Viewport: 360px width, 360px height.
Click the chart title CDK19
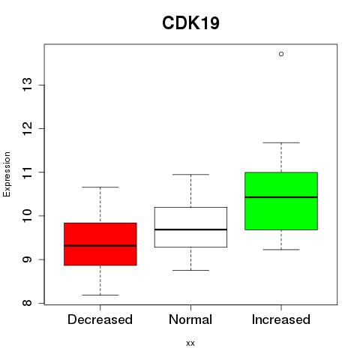pos(190,23)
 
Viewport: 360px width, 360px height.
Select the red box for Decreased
pos(100,244)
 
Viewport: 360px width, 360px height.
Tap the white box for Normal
pos(190,227)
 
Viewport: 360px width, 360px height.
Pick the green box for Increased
pos(281,201)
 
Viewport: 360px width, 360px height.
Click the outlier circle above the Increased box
pos(281,54)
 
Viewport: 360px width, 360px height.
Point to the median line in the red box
pos(100,246)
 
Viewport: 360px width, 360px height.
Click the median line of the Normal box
pos(190,229)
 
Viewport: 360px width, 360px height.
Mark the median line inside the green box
pos(281,197)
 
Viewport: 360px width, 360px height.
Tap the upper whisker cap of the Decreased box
pos(100,187)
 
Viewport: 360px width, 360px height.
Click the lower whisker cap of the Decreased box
pos(100,295)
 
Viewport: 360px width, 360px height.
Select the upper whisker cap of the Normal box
pos(190,175)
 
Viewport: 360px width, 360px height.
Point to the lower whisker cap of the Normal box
pos(190,270)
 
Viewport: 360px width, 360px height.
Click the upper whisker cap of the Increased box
pos(281,142)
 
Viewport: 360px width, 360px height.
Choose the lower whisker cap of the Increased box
pos(281,250)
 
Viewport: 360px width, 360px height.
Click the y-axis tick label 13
pos(28,85)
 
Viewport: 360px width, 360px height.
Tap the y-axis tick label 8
pos(28,303)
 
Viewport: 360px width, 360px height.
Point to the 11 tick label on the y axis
pos(28,172)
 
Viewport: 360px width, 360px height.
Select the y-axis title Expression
pos(7,174)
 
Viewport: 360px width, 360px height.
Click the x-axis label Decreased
pos(100,319)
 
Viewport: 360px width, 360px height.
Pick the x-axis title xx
pos(190,343)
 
